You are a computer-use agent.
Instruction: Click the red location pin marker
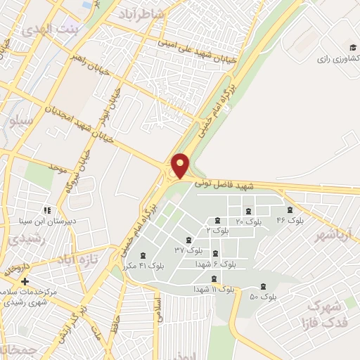click(x=181, y=165)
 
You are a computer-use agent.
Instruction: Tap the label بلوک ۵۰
click(x=264, y=297)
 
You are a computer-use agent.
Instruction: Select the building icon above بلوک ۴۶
click(x=288, y=210)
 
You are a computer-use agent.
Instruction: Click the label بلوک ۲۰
click(x=247, y=221)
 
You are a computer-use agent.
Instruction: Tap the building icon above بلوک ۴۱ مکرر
click(x=144, y=255)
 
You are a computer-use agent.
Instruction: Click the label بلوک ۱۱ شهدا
click(x=214, y=289)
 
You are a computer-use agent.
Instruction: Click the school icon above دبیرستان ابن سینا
click(x=47, y=210)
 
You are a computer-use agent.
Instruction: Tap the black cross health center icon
click(x=25, y=281)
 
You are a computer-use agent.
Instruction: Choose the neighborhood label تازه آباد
click(x=75, y=261)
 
